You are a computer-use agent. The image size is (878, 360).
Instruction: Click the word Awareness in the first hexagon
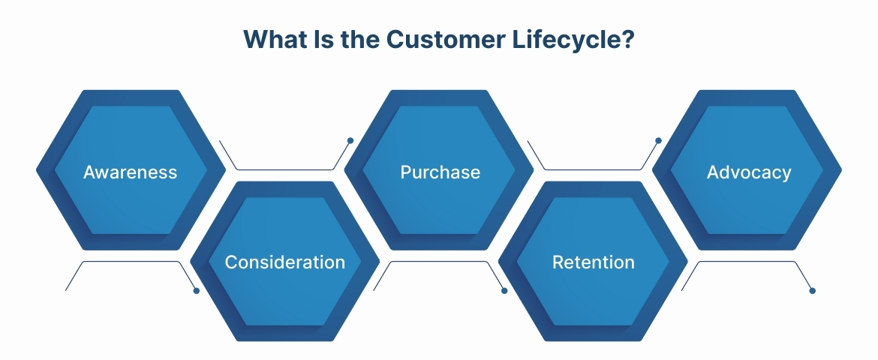pos(130,172)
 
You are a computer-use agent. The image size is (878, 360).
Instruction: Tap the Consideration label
pos(285,262)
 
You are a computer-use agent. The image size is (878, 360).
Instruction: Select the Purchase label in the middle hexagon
pos(440,172)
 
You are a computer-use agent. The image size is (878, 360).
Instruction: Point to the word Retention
pos(593,262)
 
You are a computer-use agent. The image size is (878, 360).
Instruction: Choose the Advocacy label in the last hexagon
pos(749,172)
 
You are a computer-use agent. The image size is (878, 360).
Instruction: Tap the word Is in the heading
pos(318,40)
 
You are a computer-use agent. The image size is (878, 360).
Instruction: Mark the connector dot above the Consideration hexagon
pos(350,140)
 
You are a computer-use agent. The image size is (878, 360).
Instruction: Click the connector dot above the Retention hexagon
pos(658,140)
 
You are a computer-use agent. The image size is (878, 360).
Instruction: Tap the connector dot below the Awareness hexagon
pos(197,290)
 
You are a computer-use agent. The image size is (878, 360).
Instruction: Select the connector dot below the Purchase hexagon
pos(504,290)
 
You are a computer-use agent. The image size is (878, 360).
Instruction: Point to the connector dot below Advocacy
pos(812,290)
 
